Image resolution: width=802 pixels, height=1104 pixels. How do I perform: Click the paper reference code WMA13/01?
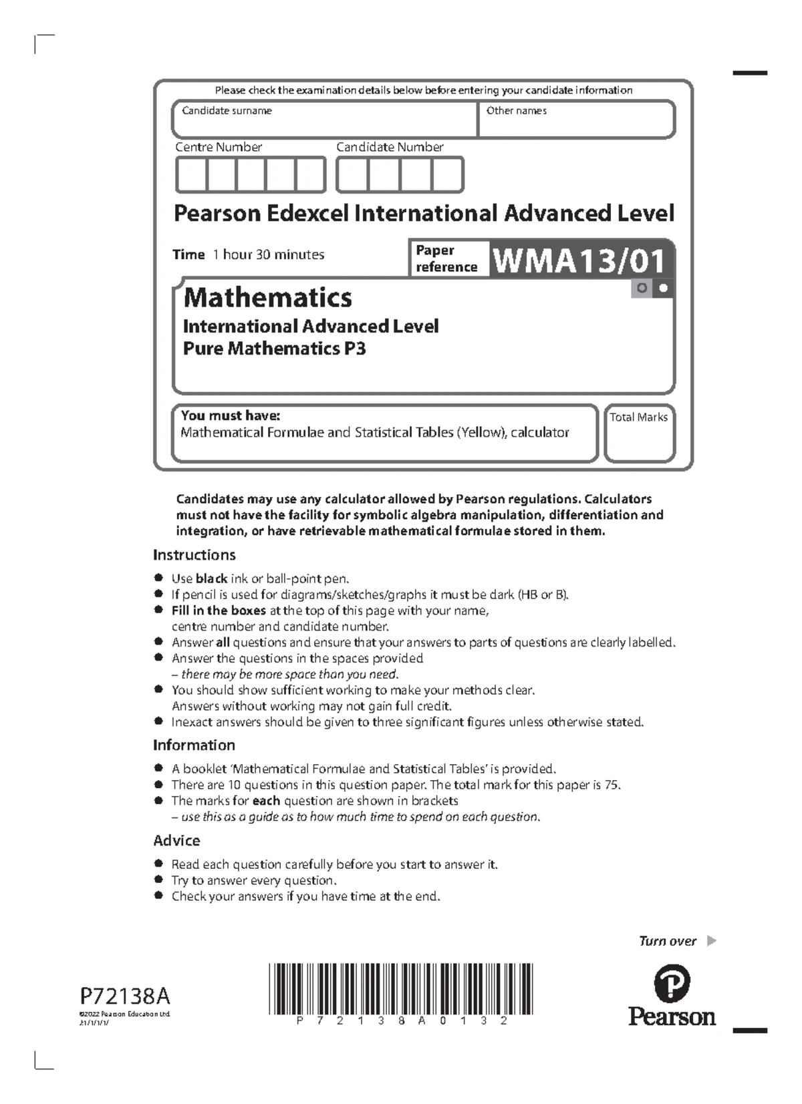click(579, 260)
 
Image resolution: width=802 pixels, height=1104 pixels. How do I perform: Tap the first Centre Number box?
click(191, 175)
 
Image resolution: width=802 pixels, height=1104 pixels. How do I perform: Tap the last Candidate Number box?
click(447, 175)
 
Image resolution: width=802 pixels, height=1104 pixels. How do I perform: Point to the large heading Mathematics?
click(267, 298)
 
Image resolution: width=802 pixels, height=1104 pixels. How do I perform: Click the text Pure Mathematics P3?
click(274, 349)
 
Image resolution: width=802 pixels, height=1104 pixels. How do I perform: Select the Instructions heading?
click(194, 555)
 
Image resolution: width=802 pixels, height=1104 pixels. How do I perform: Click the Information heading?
click(194, 745)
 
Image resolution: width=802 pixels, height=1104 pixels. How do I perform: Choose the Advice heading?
click(176, 841)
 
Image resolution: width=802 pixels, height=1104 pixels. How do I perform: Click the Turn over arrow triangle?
click(711, 941)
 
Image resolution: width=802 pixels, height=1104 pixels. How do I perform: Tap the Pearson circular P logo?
click(672, 984)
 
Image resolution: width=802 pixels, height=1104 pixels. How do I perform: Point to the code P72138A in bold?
click(126, 996)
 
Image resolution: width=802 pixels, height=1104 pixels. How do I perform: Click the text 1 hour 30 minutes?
click(268, 254)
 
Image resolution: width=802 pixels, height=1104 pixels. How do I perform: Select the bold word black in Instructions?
click(211, 579)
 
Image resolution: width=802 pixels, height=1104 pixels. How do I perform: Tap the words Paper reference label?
click(446, 258)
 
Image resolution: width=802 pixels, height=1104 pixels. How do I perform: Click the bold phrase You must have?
click(230, 415)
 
